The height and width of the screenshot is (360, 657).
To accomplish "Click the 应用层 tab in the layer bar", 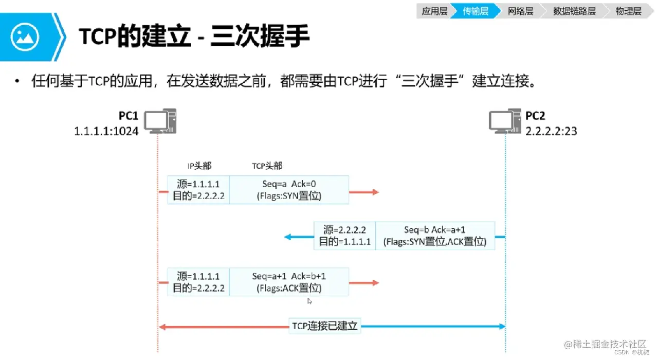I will [x=434, y=11].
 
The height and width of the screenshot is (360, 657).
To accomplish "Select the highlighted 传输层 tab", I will [x=475, y=11].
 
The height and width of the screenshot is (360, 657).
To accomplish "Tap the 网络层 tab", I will [x=520, y=11].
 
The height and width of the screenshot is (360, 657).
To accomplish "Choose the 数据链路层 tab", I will [x=574, y=11].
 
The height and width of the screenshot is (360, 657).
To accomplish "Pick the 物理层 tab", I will [x=628, y=11].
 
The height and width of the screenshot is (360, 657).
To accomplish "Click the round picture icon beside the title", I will [x=25, y=37].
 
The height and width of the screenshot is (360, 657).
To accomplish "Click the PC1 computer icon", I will [x=159, y=121].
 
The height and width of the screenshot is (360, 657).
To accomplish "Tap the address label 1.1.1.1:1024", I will [x=106, y=131].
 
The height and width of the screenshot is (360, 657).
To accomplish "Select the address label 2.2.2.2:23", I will [x=551, y=131].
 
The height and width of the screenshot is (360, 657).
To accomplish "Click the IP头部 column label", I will [x=199, y=166].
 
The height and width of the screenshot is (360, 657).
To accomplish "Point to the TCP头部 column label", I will [x=267, y=166].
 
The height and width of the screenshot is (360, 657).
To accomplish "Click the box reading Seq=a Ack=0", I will [x=289, y=190].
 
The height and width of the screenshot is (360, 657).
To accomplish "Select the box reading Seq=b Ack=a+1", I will [x=435, y=236].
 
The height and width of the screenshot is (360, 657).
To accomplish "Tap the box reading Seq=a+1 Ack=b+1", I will [x=289, y=282].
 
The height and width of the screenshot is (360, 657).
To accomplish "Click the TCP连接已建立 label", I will [x=324, y=326].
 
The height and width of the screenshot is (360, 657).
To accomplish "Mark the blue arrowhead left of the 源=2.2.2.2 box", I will [x=288, y=237].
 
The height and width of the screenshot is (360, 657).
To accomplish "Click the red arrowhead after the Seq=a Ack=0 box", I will [x=375, y=192].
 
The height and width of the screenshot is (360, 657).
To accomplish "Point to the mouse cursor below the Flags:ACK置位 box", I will [x=309, y=301].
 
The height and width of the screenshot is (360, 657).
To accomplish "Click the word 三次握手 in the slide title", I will [x=260, y=37].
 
